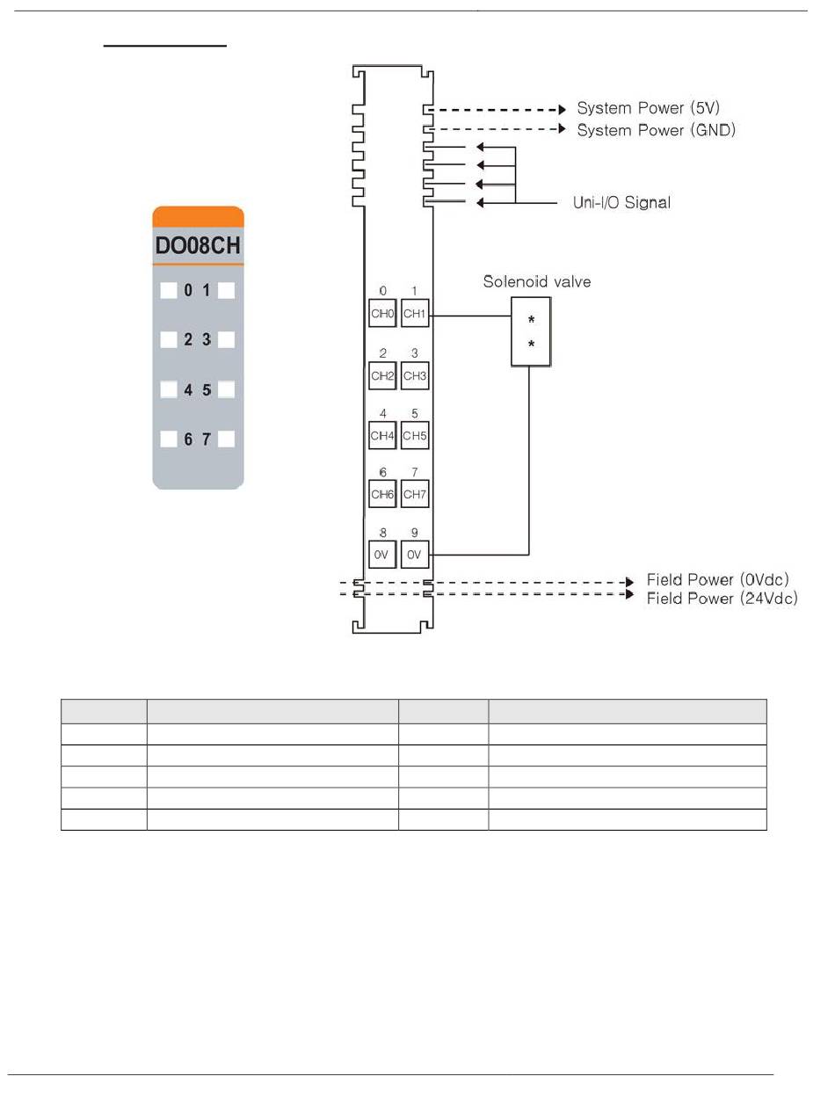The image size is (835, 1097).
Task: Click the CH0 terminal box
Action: (x=382, y=313)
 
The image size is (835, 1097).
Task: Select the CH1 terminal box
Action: (x=415, y=313)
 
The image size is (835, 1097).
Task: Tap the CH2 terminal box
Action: (x=382, y=375)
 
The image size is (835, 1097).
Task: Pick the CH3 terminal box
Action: (x=415, y=375)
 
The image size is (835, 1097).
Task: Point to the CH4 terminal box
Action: (x=382, y=435)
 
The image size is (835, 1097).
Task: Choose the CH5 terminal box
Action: (x=415, y=435)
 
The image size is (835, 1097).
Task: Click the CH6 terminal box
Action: (x=382, y=494)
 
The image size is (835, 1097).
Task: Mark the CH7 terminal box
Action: (x=415, y=494)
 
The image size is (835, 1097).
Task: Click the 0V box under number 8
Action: (x=382, y=555)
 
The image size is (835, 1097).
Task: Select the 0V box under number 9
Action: (x=415, y=555)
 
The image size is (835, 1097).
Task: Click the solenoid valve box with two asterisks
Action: (x=531, y=331)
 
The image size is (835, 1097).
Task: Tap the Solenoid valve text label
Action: (x=537, y=282)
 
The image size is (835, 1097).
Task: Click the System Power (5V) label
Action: (x=649, y=108)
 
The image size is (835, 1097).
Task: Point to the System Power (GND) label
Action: (x=656, y=130)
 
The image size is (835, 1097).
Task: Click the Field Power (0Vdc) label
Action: (x=718, y=579)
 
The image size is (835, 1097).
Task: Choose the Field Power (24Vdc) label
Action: (x=722, y=599)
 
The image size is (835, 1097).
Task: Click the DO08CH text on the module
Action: (x=198, y=246)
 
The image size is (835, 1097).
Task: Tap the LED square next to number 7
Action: (x=226, y=440)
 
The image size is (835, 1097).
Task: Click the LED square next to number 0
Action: (x=169, y=291)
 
